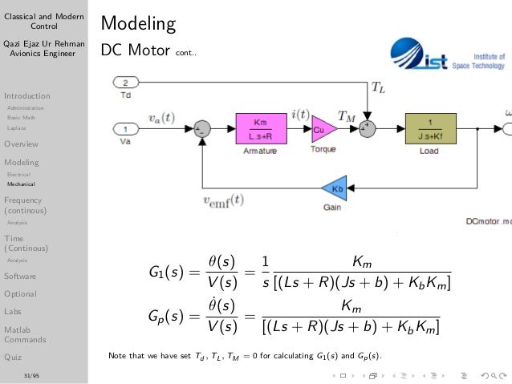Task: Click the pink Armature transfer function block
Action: [260, 128]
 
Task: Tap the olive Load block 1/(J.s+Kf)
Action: [430, 128]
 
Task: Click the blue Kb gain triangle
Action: [336, 188]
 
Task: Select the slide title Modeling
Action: [138, 24]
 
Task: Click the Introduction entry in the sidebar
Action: [26, 95]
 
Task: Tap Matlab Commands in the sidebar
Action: [26, 334]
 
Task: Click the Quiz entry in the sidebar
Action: [13, 358]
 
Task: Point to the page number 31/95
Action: [33, 374]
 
